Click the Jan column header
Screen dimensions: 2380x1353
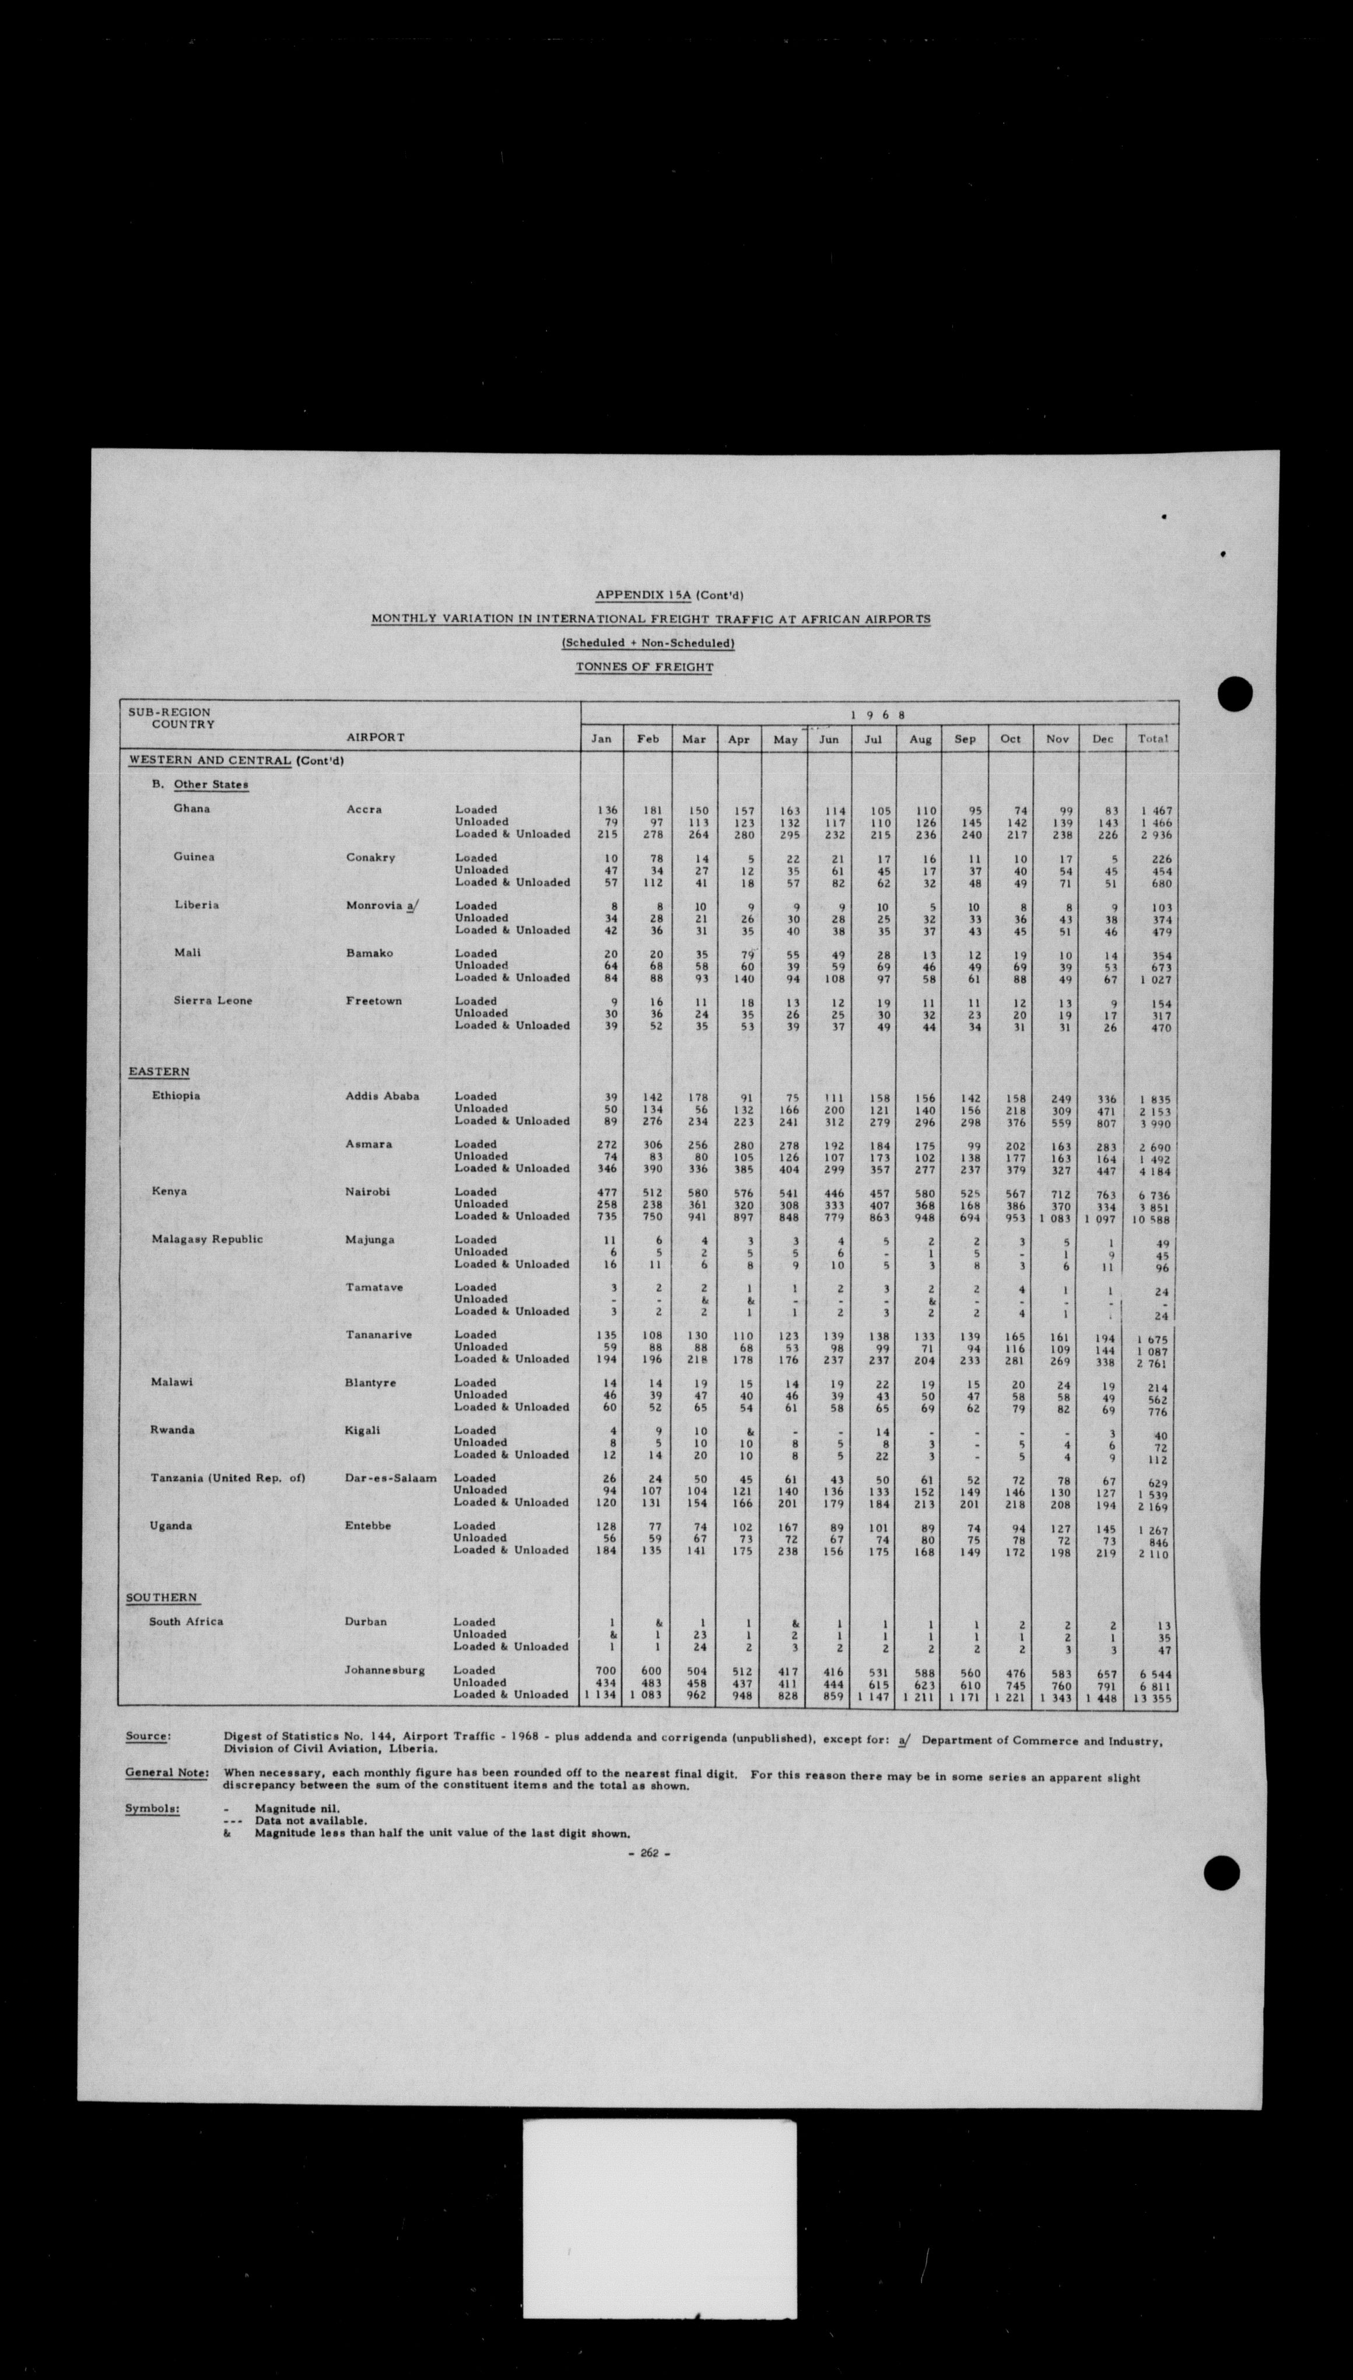click(601, 739)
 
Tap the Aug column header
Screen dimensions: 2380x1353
click(919, 739)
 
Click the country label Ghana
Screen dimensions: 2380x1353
click(191, 808)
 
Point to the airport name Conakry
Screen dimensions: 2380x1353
click(371, 857)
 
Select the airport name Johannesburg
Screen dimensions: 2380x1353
click(385, 1670)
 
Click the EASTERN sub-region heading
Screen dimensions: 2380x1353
click(159, 1072)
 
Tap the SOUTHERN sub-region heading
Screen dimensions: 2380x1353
click(162, 1598)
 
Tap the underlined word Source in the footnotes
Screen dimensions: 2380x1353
click(148, 1736)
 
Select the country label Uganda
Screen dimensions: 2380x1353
click(171, 1526)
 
